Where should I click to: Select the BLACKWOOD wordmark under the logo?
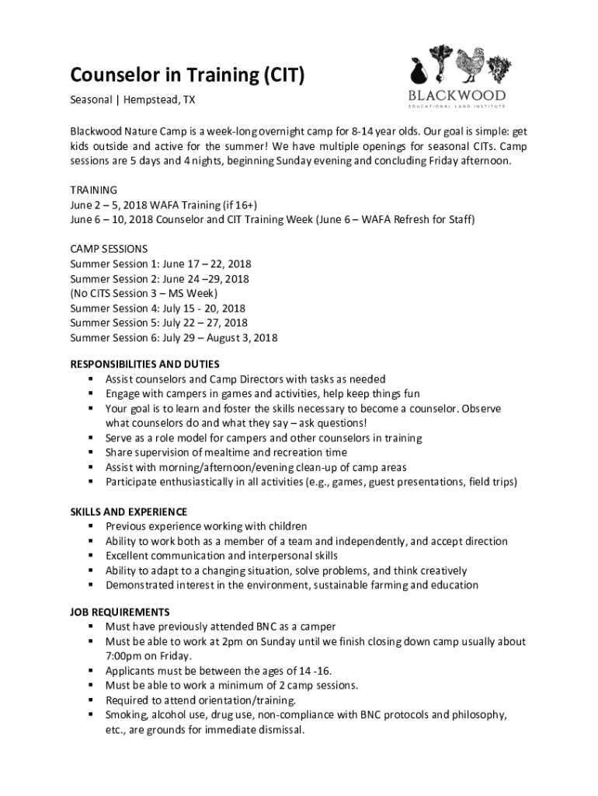(x=457, y=96)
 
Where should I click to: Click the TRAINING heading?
(x=94, y=190)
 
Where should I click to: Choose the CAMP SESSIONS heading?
(x=109, y=250)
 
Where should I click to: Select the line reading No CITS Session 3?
(x=144, y=294)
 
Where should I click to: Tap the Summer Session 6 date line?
(x=173, y=338)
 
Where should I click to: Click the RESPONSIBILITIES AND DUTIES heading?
(x=145, y=364)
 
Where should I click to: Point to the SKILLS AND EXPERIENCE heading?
(x=129, y=511)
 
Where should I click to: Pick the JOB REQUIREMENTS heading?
(x=120, y=612)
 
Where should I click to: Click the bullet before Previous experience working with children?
(x=91, y=526)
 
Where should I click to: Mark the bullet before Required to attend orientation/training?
(x=91, y=700)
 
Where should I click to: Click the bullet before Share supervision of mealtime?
(x=91, y=452)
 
